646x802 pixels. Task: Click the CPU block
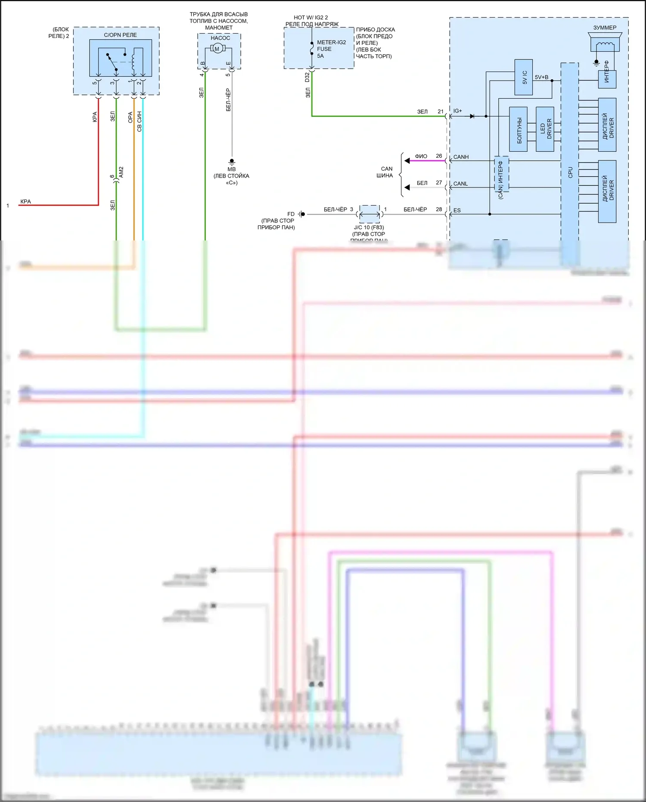coord(569,164)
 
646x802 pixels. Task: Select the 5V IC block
coord(524,78)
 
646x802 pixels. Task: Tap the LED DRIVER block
coord(545,129)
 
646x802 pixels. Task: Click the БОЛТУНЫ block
coord(518,129)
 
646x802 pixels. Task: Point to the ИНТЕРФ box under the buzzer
coord(607,79)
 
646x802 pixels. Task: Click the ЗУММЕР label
coord(605,28)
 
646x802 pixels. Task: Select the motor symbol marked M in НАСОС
coord(217,49)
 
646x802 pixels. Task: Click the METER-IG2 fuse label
coord(331,42)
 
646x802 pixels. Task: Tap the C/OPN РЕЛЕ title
coord(120,35)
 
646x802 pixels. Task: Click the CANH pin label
coord(461,157)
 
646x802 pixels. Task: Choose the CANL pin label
coord(460,184)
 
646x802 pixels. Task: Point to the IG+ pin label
coord(457,111)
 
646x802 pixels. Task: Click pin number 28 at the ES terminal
coord(439,209)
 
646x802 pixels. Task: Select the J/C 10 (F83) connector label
coord(369,227)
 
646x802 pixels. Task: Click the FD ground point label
coord(291,214)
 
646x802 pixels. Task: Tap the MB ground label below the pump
coord(232,169)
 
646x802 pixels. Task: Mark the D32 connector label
coord(307,77)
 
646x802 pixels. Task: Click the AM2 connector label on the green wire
coord(121,172)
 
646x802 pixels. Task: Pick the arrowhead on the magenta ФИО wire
coord(407,161)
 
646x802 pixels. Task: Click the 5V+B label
coord(541,77)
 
